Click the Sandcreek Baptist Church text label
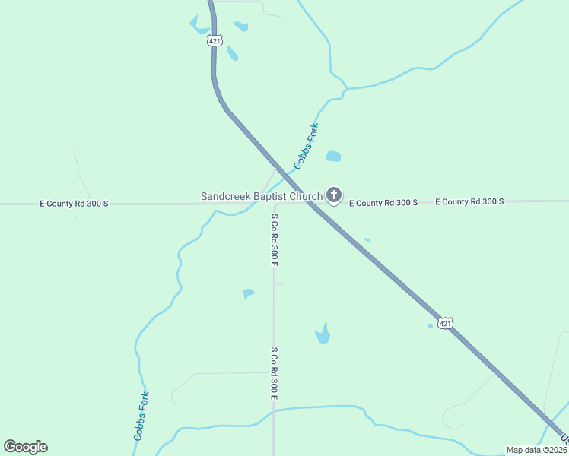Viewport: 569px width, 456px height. pos(261,197)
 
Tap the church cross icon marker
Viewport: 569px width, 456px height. pos(333,195)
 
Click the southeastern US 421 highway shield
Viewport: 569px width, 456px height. pos(446,323)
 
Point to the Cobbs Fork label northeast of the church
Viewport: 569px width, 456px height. pos(307,146)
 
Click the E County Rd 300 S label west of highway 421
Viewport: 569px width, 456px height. pos(75,204)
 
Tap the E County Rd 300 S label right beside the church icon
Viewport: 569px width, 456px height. pos(383,203)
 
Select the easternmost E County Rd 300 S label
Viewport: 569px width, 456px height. pos(469,201)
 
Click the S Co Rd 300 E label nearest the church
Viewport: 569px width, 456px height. pos(274,239)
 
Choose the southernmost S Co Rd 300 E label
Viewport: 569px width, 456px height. pos(274,373)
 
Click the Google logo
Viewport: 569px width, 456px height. pos(25,447)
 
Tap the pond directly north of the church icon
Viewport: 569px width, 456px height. pos(332,157)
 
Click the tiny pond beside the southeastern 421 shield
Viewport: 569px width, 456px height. pos(430,326)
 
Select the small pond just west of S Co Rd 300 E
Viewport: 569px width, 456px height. pos(248,293)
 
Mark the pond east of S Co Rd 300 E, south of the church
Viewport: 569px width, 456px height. pos(323,334)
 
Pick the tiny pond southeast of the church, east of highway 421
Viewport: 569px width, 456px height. pos(367,240)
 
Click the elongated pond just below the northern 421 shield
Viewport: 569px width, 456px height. pos(232,54)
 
